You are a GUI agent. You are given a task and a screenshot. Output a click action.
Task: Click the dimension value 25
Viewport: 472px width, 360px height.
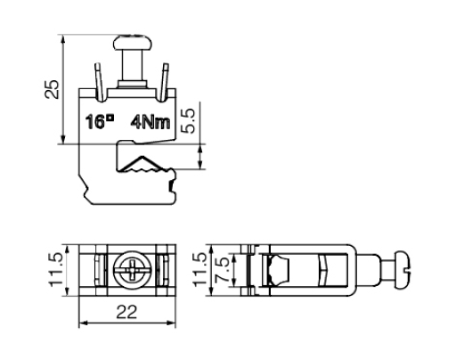(52, 89)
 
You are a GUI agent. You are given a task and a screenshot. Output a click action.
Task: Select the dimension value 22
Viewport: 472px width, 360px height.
(126, 312)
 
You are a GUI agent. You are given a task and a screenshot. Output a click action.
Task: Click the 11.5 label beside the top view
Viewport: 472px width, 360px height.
(56, 270)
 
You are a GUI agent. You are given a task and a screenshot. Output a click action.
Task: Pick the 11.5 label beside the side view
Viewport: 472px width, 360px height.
(199, 270)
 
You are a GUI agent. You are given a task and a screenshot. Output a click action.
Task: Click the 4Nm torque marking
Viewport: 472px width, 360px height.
(151, 123)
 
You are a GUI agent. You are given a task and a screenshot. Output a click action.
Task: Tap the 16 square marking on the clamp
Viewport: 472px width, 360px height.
(100, 122)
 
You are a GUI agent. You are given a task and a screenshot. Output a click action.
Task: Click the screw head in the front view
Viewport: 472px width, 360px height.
(133, 43)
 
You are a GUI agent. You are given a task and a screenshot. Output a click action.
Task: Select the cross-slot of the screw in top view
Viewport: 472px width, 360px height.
(133, 270)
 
